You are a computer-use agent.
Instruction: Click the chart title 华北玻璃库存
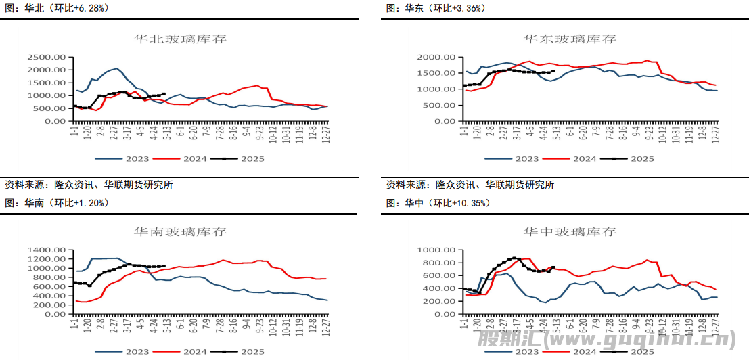click(x=181, y=39)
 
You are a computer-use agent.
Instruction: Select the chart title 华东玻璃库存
click(x=570, y=39)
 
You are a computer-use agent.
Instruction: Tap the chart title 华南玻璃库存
click(x=181, y=232)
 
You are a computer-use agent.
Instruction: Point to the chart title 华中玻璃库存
click(x=570, y=232)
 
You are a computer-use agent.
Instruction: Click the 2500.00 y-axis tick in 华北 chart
click(x=47, y=57)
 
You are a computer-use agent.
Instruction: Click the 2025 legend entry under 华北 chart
click(x=244, y=159)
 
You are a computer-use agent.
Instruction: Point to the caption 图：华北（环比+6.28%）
click(x=57, y=8)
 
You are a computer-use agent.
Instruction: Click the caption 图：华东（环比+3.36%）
click(x=436, y=8)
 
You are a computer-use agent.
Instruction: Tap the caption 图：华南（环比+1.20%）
click(x=57, y=202)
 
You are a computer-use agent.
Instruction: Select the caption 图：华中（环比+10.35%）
click(x=438, y=202)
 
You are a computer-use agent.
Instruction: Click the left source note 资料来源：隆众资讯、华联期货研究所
click(x=89, y=185)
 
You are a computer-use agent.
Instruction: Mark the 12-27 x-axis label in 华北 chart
click(x=327, y=134)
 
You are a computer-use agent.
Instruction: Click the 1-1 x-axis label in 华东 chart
click(x=466, y=131)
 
